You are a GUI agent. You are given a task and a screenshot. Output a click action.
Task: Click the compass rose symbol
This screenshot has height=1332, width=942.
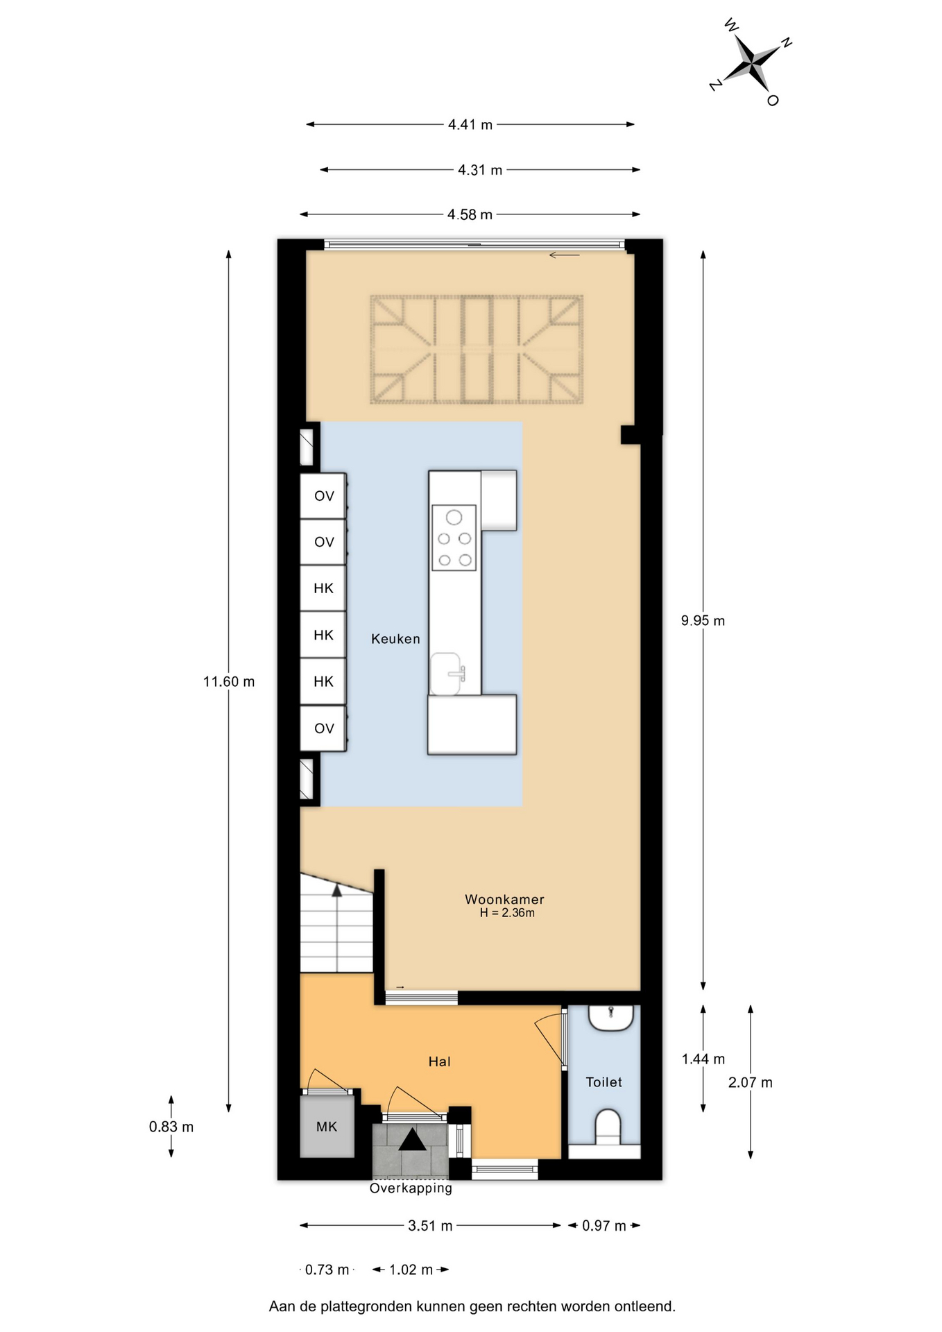pos(751,63)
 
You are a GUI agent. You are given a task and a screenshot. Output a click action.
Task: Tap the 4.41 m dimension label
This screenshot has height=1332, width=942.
pos(470,125)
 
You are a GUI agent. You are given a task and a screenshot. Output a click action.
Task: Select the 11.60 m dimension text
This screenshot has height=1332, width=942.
pos(229,682)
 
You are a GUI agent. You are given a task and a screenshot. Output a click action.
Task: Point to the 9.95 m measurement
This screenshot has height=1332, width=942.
pos(703,621)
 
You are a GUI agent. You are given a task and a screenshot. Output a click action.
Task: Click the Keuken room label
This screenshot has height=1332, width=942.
pos(395,639)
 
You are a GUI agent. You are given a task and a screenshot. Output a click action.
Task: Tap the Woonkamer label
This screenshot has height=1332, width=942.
pos(504,899)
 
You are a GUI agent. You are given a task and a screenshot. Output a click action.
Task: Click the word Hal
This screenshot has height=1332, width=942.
pos(440,1061)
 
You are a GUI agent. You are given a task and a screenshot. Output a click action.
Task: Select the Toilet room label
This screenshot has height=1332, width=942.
pos(603,1082)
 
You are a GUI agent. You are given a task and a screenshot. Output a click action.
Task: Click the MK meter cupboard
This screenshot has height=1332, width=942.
pos(327,1126)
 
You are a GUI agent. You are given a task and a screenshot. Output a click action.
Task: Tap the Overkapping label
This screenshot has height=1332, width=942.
pos(411,1188)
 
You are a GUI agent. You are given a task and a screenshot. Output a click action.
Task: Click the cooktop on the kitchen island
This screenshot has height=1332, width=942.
pos(454,538)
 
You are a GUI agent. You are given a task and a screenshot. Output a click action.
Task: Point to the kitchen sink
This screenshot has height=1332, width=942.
pos(447,674)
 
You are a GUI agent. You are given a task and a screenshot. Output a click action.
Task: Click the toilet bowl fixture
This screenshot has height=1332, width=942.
pos(608,1127)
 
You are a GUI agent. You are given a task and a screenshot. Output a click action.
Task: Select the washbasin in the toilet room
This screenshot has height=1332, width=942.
pos(611,1018)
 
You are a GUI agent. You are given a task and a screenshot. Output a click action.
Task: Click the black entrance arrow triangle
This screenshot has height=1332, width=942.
pos(413,1139)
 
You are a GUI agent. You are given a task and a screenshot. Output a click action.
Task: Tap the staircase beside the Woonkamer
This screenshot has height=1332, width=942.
pos(336,923)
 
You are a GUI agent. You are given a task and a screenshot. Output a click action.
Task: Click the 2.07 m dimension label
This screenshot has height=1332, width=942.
pos(750,1082)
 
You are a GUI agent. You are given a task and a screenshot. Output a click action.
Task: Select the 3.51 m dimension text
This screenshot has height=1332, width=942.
pos(430,1226)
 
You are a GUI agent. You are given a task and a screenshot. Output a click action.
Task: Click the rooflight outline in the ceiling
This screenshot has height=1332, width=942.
pos(477,350)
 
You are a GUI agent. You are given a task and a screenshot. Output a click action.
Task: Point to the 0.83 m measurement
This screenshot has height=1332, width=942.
pos(171,1127)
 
